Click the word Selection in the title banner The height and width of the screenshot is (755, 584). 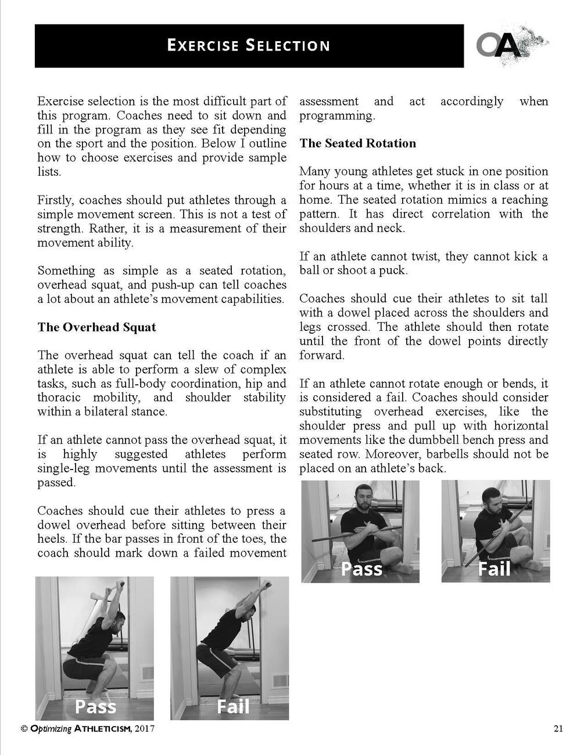(x=287, y=45)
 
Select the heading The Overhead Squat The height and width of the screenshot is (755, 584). (x=96, y=327)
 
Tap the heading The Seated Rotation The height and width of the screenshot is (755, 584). (x=357, y=143)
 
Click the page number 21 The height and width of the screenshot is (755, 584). (x=558, y=729)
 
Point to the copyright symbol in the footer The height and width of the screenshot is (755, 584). (x=24, y=729)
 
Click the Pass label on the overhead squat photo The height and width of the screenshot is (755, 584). (x=95, y=706)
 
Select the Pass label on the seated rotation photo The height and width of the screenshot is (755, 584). (x=361, y=569)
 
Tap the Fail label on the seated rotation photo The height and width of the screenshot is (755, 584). (x=494, y=569)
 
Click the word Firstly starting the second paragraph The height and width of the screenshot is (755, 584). (x=56, y=200)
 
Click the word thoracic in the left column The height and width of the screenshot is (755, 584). (x=59, y=398)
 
